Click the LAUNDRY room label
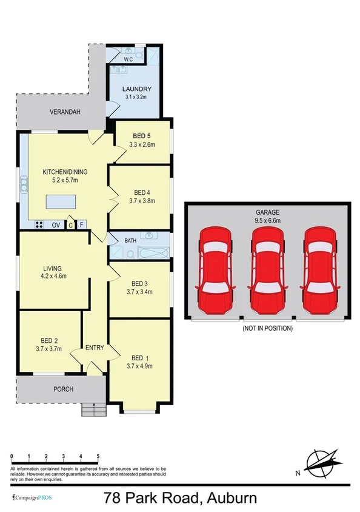[137, 90]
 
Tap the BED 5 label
[142, 136]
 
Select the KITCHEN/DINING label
[61, 172]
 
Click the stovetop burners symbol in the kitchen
[39, 225]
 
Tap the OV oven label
[55, 225]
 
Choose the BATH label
[131, 241]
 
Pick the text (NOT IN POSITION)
[267, 328]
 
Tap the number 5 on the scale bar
[98, 456]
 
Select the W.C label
[128, 59]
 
